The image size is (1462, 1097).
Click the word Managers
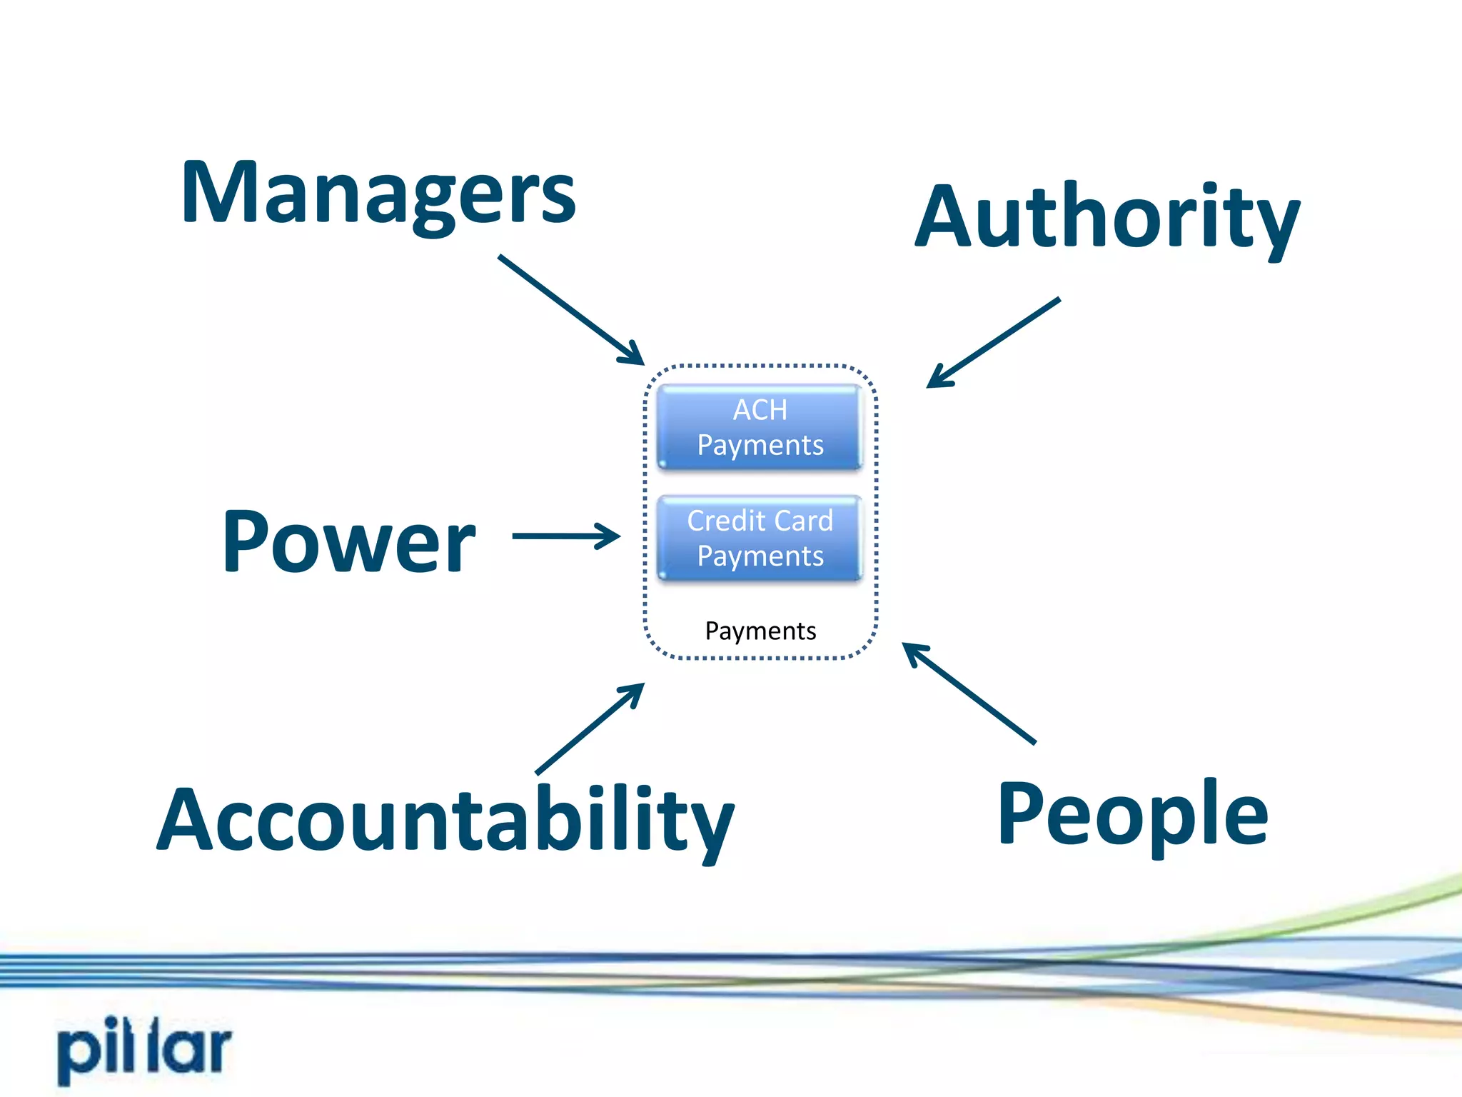pyautogui.click(x=378, y=194)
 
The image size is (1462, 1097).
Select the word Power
pyautogui.click(x=348, y=541)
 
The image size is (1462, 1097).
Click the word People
pyautogui.click(x=1132, y=814)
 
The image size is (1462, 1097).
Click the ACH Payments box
pyautogui.click(x=760, y=427)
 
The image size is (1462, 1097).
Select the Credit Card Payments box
pyautogui.click(x=760, y=538)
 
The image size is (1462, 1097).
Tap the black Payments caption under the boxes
pyautogui.click(x=760, y=631)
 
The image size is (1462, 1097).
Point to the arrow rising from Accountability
pyautogui.click(x=590, y=728)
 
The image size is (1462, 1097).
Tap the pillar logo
pyautogui.click(x=145, y=1048)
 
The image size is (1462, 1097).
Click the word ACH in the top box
pyautogui.click(x=760, y=410)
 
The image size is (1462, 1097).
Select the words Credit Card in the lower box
pyautogui.click(x=760, y=521)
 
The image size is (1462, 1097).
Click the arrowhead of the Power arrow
pyautogui.click(x=610, y=536)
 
